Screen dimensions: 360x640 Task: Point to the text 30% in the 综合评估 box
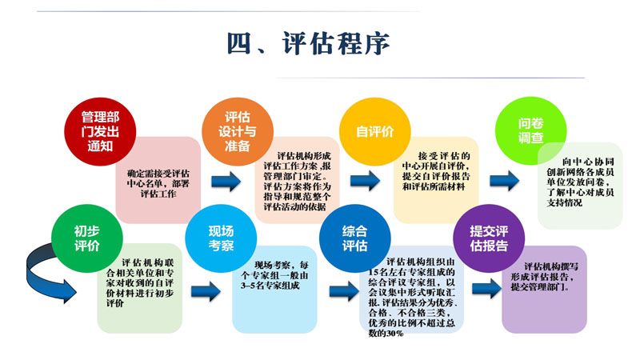pyautogui.click(x=394, y=333)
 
